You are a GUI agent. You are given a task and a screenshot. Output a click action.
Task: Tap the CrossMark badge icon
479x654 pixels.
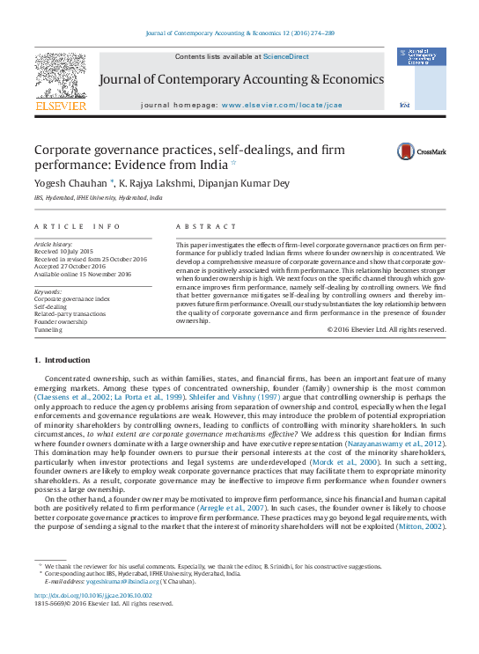click(x=406, y=151)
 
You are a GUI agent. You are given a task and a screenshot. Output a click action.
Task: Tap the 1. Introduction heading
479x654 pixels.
click(x=62, y=361)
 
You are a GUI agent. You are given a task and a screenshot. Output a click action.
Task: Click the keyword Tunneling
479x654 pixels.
click(x=48, y=330)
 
